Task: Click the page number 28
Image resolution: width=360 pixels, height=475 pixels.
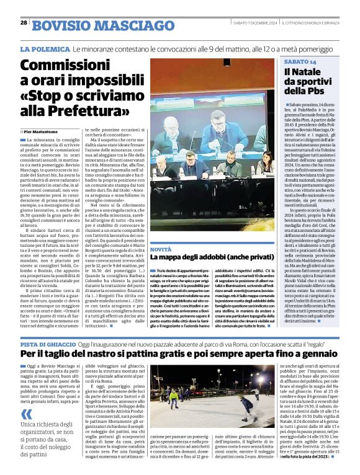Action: pos(24,22)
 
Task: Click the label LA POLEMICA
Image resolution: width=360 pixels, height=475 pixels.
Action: pos(45,48)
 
